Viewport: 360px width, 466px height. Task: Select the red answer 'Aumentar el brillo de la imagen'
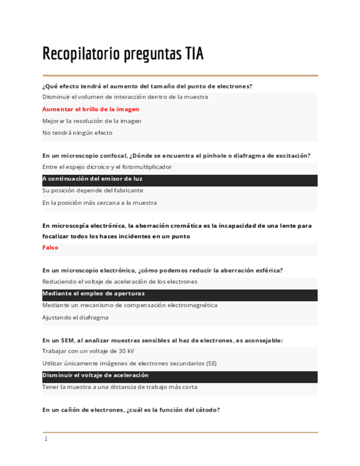pyautogui.click(x=91, y=109)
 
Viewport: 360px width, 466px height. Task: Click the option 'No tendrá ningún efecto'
pyautogui.click(x=77, y=132)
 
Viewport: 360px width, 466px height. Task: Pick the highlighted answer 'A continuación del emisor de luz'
pyautogui.click(x=92, y=179)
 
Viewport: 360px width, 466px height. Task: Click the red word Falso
pyautogui.click(x=50, y=247)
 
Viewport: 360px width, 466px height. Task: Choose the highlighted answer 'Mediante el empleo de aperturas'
pyautogui.click(x=93, y=293)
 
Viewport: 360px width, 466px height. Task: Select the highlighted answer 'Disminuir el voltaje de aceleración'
pyautogui.click(x=95, y=375)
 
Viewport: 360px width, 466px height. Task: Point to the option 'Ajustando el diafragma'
pyautogui.click(x=75, y=317)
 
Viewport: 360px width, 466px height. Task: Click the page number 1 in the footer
pyautogui.click(x=46, y=439)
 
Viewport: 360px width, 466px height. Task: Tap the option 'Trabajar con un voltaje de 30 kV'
pyautogui.click(x=88, y=351)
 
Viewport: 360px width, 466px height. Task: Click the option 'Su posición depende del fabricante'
pyautogui.click(x=92, y=190)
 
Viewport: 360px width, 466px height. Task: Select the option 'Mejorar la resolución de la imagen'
pyautogui.click(x=91, y=120)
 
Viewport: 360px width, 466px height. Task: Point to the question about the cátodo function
pyautogui.click(x=131, y=409)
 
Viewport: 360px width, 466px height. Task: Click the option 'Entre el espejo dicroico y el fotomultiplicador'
pyautogui.click(x=107, y=167)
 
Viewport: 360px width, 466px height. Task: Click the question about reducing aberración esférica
pyautogui.click(x=162, y=270)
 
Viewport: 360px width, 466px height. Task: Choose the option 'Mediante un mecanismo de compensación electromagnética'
pyautogui.click(x=129, y=305)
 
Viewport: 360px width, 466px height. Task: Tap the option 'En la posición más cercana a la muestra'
pyautogui.click(x=99, y=202)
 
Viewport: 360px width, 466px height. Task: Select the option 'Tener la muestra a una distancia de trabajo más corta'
pyautogui.click(x=119, y=387)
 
